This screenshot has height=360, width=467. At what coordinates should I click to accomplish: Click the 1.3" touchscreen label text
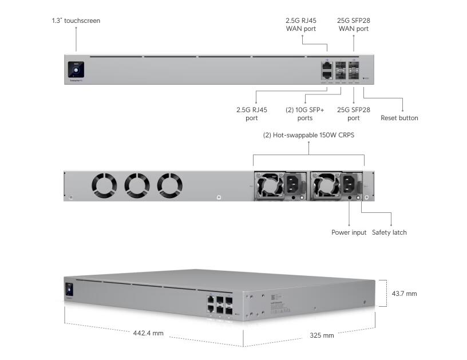pyautogui.click(x=76, y=21)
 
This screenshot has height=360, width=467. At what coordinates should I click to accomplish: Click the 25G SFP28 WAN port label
pyautogui.click(x=353, y=24)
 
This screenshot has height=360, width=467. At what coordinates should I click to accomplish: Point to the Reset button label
pyautogui.click(x=399, y=118)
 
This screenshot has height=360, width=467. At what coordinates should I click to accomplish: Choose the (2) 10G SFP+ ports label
pyautogui.click(x=301, y=114)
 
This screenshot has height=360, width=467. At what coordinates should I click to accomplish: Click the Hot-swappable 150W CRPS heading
pyautogui.click(x=308, y=136)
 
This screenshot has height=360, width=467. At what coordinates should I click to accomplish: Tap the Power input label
pyautogui.click(x=349, y=232)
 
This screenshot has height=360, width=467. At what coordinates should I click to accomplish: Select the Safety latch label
pyautogui.click(x=389, y=232)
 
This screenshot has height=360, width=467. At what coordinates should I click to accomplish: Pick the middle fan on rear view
pyautogui.click(x=137, y=185)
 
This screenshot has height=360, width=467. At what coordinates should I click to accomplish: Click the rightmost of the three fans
pyautogui.click(x=170, y=185)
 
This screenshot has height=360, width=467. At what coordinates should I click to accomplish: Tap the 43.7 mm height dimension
pyautogui.click(x=403, y=294)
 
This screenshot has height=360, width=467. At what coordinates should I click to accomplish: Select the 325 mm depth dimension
pyautogui.click(x=322, y=335)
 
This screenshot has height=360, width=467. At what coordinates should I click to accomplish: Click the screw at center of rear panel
pyautogui.click(x=220, y=197)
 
